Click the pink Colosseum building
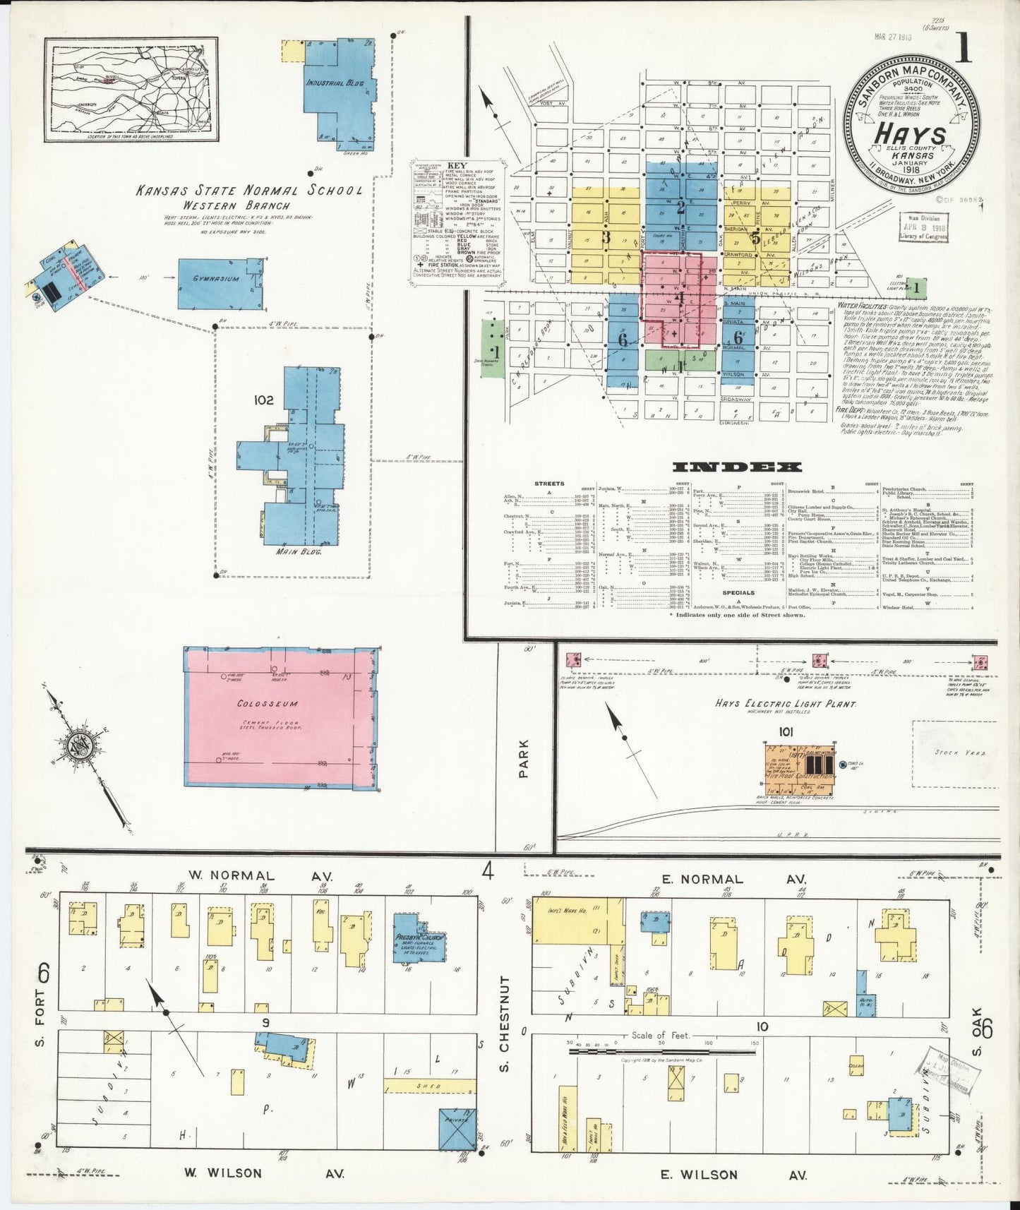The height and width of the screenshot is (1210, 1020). (280, 717)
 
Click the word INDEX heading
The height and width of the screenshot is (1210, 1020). (737, 467)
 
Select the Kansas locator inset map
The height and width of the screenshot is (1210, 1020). (131, 89)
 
